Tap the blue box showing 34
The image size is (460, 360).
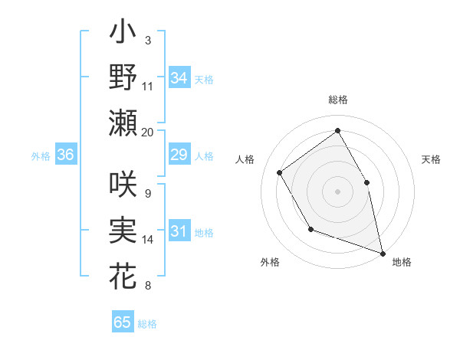[x=179, y=77]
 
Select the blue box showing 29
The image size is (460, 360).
[x=179, y=155]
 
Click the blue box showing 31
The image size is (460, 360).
[x=179, y=232]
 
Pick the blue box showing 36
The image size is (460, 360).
[x=65, y=155]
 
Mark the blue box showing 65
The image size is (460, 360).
[x=123, y=322]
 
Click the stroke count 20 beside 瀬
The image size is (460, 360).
[x=148, y=132]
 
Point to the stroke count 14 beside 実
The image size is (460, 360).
[x=148, y=240]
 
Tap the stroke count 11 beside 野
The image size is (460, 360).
[x=148, y=87]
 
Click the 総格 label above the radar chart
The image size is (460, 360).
[x=337, y=100]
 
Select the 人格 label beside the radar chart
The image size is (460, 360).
[x=245, y=159]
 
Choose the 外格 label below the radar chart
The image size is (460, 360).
[x=270, y=262]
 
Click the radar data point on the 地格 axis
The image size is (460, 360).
[x=383, y=252]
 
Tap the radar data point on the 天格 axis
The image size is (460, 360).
[x=366, y=182]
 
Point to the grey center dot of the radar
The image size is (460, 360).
[x=337, y=191]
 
